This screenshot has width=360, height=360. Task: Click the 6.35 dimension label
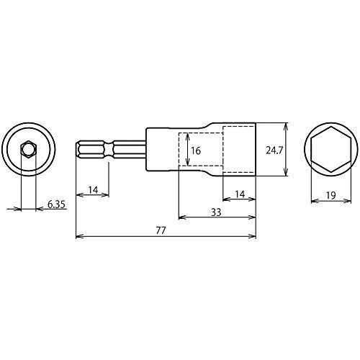pos(56,204)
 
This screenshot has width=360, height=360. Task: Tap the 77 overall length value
pos(161,230)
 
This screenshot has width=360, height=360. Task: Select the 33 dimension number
pos(216,212)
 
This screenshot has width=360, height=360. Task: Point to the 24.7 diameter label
pos(274,150)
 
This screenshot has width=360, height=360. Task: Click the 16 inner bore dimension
pos(196,150)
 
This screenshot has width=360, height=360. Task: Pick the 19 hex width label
pos(331,196)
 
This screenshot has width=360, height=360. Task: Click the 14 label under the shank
pos(93,190)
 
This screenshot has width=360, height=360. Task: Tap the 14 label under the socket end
pos(240,194)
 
